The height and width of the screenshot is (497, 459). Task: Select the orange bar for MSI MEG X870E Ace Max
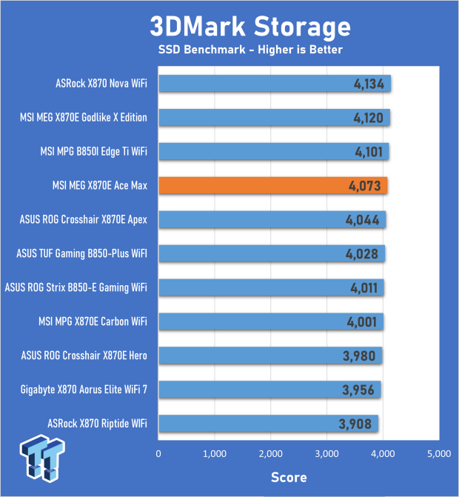272,185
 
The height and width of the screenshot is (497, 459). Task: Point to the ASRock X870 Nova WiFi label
101,84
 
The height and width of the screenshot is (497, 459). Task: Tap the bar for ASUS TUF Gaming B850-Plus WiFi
271,254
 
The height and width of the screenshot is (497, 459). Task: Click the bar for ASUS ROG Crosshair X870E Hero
269,356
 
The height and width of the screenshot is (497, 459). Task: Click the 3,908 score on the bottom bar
354,424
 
